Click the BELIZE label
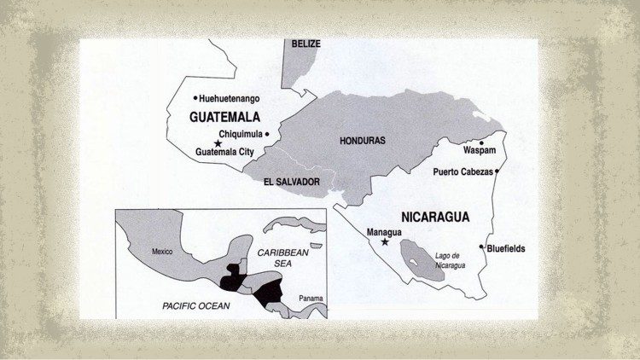[305, 43]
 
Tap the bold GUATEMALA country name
[224, 117]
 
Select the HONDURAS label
[363, 140]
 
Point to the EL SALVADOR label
[292, 182]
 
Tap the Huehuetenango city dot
[195, 98]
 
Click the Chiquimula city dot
[267, 134]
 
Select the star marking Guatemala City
[218, 143]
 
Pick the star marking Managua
[385, 242]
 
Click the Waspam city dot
[481, 143]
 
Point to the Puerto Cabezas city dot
[497, 171]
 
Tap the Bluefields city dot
[483, 247]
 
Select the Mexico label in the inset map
[162, 252]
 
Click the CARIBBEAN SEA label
[281, 261]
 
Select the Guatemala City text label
[225, 152]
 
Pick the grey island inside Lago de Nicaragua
[417, 253]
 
